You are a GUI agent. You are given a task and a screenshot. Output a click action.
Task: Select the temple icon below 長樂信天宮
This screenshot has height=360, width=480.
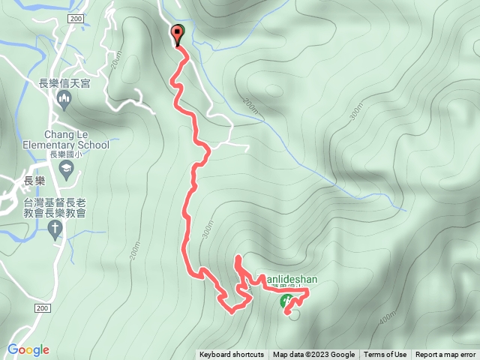click(x=64, y=100)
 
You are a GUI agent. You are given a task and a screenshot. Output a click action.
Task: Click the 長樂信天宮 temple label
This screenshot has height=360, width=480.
click(x=64, y=84)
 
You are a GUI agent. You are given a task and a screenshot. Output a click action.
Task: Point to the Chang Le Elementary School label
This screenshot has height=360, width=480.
click(x=55, y=139)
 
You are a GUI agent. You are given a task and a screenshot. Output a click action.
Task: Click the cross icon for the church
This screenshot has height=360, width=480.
click(x=55, y=232)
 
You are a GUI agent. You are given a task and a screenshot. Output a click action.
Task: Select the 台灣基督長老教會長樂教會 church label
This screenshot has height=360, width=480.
click(x=55, y=208)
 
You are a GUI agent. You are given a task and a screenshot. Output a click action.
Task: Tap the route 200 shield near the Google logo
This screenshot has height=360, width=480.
click(x=41, y=308)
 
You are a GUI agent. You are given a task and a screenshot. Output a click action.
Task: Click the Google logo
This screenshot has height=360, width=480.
click(x=28, y=349)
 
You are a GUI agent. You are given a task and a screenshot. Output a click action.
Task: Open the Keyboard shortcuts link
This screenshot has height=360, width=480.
click(x=232, y=355)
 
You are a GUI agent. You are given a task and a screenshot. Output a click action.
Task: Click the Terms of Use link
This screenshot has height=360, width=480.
click(x=385, y=355)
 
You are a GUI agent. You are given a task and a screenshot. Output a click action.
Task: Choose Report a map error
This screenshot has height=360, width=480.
click(x=445, y=355)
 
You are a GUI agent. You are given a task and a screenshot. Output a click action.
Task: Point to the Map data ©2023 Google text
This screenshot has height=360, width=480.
click(x=313, y=355)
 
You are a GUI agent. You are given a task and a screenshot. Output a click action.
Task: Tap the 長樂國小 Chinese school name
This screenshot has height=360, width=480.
click(x=65, y=155)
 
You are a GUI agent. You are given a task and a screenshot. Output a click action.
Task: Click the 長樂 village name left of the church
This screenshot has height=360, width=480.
click(x=34, y=181)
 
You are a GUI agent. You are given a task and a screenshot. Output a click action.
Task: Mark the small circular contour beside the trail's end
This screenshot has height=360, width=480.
click(x=294, y=313)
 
